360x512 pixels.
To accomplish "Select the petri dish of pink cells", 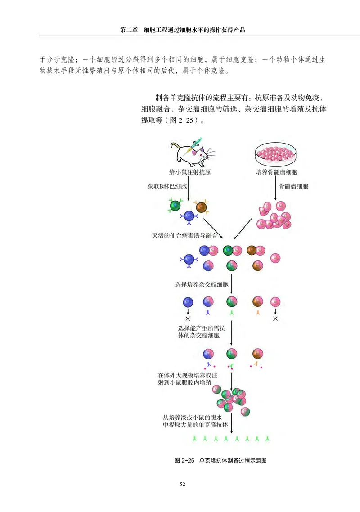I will tap(276, 153).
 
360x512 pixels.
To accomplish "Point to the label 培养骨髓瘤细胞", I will tap(276, 172).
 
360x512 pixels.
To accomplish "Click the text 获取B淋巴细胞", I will tap(167, 186).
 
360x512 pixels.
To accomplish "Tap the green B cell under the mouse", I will tap(175, 206).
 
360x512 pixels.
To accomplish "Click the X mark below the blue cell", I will tap(188, 319).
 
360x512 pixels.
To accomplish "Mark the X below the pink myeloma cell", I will tap(275, 319).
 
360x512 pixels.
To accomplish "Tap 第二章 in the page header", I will tap(129, 31).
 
